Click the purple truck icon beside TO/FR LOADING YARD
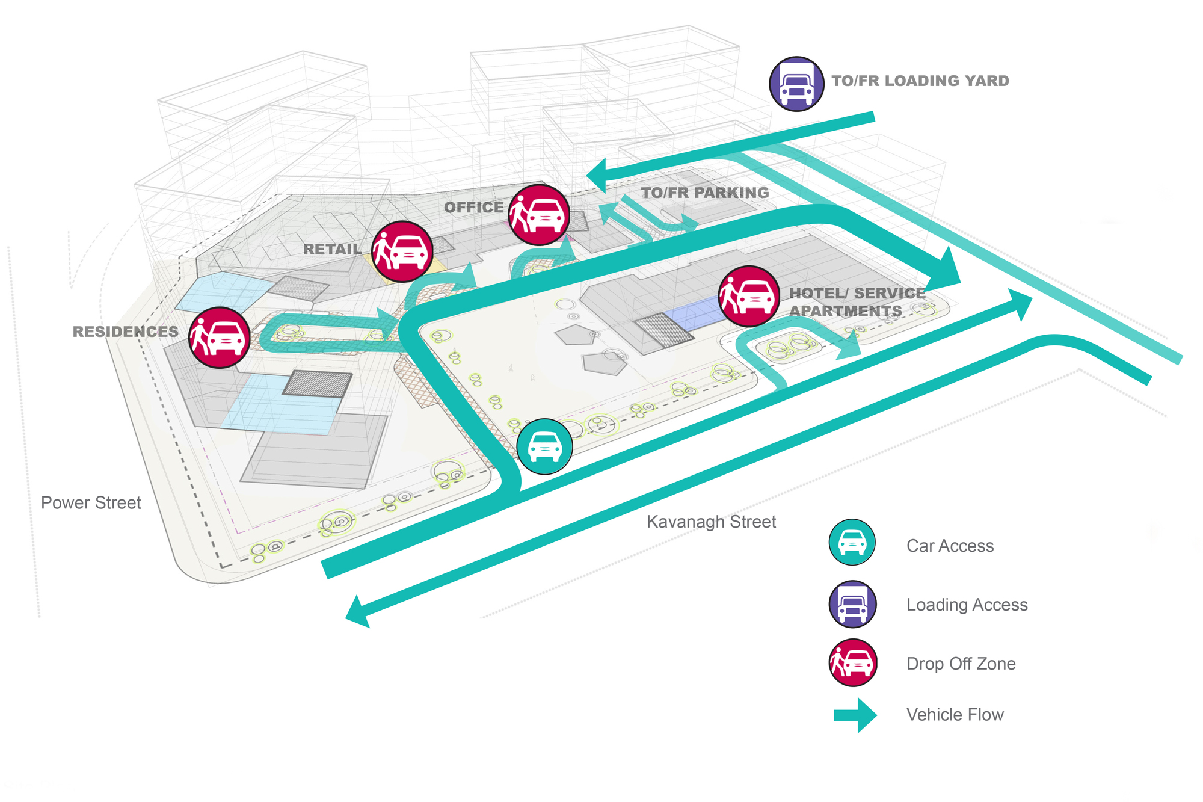796,84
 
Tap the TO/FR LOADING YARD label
920,81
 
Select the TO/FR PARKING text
705,193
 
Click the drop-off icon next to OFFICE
539,215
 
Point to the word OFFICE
473,208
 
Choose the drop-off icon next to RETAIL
402,251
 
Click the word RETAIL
332,250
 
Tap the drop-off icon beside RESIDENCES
219,338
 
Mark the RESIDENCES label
125,332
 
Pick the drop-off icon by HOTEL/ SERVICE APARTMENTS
749,296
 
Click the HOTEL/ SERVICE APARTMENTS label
857,302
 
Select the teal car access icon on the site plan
544,446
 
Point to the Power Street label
91,503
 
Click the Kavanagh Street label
711,522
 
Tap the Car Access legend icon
852,542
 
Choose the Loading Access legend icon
852,604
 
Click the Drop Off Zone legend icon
852,662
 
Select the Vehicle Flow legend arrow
855,715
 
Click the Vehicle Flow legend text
955,715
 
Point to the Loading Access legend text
967,605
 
